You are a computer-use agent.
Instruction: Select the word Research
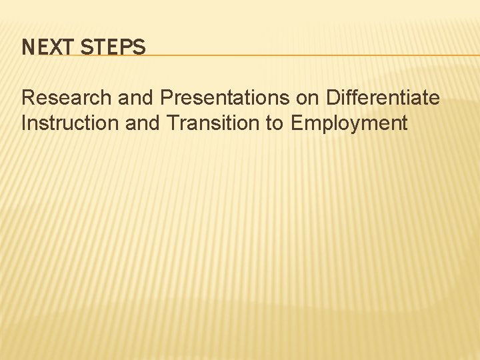[67, 98]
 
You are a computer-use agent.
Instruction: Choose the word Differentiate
[383, 98]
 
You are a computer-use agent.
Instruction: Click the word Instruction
[64, 123]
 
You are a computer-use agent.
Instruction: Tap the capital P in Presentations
[166, 98]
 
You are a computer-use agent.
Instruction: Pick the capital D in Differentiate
[333, 98]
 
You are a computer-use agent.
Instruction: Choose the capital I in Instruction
[24, 123]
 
